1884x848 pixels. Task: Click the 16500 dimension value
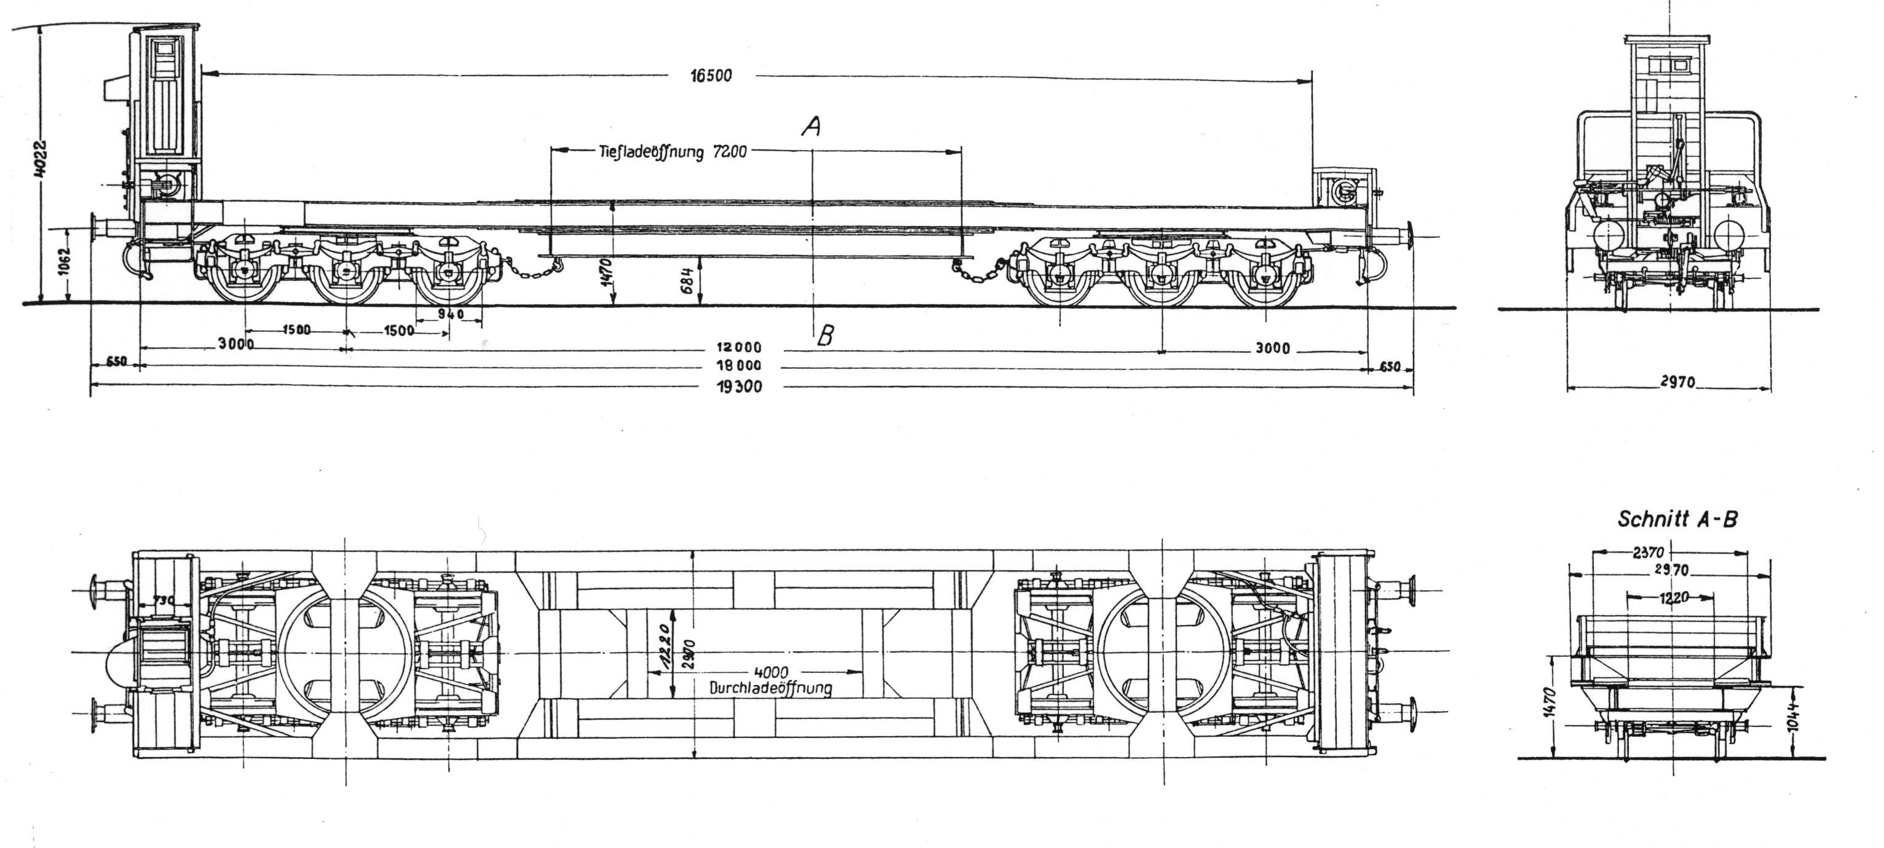(711, 76)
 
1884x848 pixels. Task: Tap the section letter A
(810, 128)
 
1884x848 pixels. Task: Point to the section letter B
(825, 336)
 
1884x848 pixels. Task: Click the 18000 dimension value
(740, 366)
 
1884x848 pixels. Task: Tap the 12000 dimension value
(740, 347)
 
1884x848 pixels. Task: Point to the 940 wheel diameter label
(450, 315)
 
